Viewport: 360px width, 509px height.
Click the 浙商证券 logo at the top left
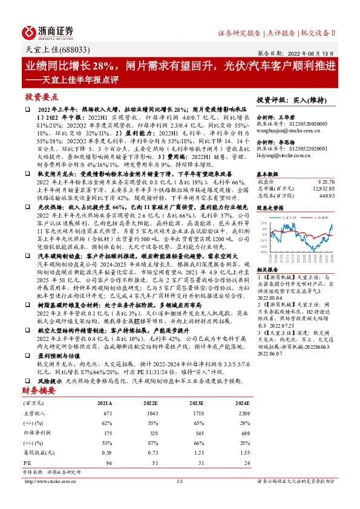click(49, 31)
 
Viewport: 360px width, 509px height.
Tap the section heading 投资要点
click(41, 96)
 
